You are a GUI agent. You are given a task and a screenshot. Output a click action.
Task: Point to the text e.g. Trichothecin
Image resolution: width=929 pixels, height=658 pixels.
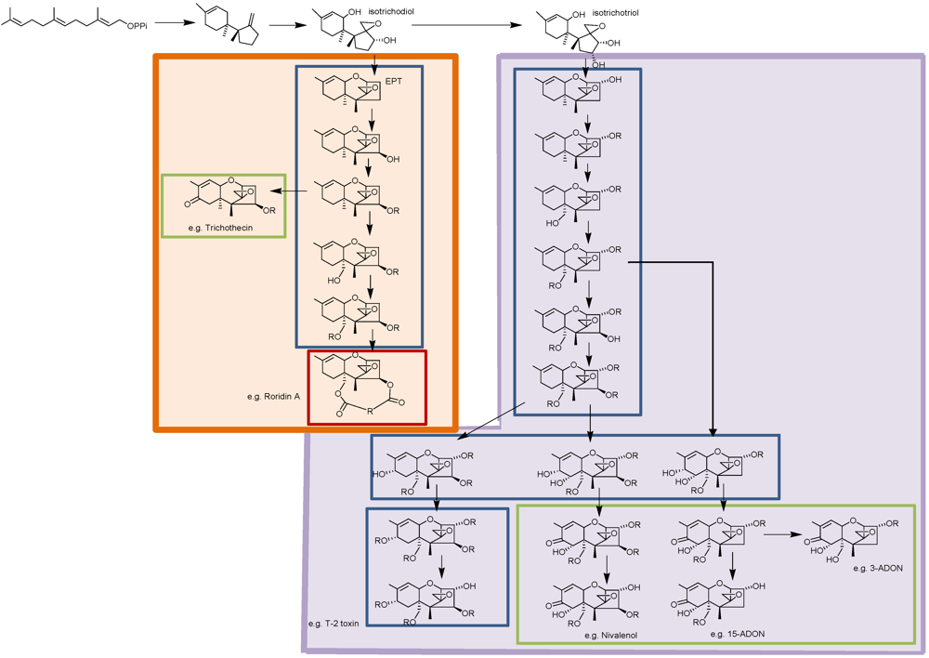pyautogui.click(x=220, y=228)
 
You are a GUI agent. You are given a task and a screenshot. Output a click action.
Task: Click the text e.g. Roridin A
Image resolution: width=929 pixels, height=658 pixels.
pyautogui.click(x=273, y=397)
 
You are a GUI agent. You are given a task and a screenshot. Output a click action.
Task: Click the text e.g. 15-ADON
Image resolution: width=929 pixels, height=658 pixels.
pyautogui.click(x=738, y=634)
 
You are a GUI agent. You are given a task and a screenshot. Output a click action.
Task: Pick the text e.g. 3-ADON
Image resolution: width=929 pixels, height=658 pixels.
pyautogui.click(x=876, y=567)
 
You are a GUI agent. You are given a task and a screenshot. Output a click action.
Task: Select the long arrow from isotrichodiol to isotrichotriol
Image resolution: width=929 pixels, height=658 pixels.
pyautogui.click(x=470, y=25)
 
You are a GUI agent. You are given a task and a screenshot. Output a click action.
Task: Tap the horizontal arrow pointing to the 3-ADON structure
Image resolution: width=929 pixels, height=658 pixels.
pyautogui.click(x=782, y=534)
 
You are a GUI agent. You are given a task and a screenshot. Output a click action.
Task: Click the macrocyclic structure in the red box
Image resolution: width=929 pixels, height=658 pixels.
pyautogui.click(x=368, y=387)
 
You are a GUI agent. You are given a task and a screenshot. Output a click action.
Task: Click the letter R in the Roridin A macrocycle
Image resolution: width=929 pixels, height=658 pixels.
pyautogui.click(x=370, y=406)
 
